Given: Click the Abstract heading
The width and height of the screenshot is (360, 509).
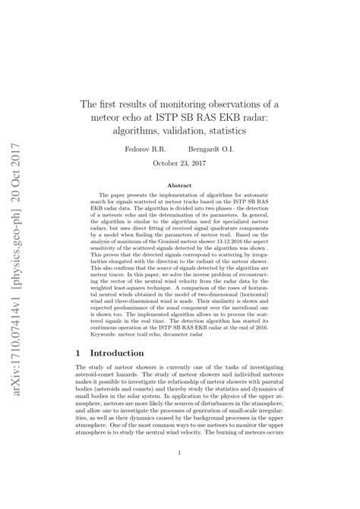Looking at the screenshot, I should pyautogui.click(x=178, y=185).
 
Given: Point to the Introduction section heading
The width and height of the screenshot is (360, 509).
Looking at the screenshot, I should pyautogui.click(x=117, y=354).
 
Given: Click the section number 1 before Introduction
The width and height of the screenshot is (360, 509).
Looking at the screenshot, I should pyautogui.click(x=80, y=354).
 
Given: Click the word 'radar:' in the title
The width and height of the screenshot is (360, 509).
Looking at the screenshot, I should pyautogui.click(x=253, y=117).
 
